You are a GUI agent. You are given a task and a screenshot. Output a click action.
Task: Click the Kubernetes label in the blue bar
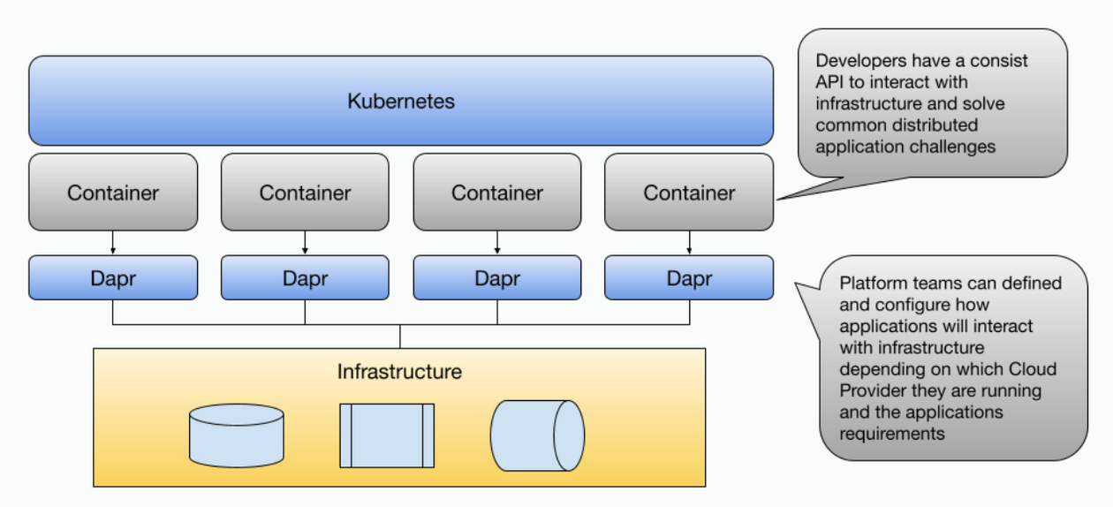click(401, 101)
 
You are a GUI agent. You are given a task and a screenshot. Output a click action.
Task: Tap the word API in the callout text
click(830, 82)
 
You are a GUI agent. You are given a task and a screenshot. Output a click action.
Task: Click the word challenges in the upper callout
click(952, 147)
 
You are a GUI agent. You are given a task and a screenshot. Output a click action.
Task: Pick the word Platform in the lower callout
click(872, 284)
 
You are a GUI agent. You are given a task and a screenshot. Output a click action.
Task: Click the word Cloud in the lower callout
click(1033, 369)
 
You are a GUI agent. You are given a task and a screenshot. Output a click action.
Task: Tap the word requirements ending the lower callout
click(892, 434)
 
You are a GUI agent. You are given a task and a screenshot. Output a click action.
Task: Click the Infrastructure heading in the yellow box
click(399, 371)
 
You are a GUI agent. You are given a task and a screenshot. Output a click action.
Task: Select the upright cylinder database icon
click(236, 435)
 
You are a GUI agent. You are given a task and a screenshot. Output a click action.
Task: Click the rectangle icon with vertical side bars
click(387, 435)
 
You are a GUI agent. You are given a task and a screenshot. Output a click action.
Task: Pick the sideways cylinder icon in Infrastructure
click(537, 435)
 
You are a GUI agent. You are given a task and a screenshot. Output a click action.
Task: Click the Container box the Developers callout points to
click(689, 193)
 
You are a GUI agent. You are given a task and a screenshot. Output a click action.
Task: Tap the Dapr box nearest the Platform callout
click(689, 278)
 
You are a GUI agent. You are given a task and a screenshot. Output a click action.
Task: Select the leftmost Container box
click(113, 193)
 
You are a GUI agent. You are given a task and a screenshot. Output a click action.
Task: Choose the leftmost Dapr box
click(113, 278)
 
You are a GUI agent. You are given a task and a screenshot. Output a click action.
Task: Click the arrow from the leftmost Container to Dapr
click(113, 243)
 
